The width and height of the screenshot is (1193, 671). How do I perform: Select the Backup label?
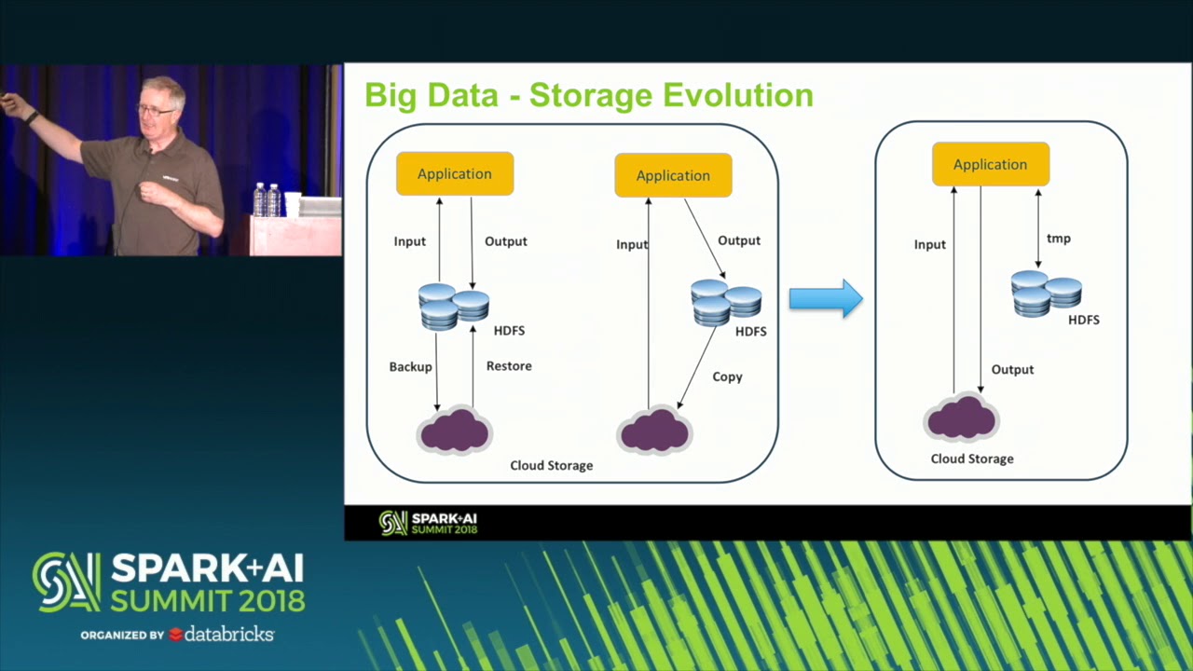pos(410,366)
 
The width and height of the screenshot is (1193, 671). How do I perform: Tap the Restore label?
pos(509,365)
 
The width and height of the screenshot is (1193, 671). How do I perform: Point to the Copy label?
pos(727,377)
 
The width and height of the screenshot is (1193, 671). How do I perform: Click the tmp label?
pos(1058,239)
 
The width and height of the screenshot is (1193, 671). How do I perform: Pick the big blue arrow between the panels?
pos(826,298)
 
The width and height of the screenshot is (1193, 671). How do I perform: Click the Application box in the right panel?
pos(990,164)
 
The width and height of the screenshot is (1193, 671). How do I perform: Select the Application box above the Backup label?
pos(455,173)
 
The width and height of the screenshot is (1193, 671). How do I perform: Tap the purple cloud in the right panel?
pos(962,417)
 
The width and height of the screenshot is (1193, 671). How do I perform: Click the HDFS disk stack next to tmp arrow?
pos(1046,293)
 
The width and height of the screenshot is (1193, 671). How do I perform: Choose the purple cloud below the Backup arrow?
pos(455,431)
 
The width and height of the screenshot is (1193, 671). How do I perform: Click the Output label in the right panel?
pos(1012,369)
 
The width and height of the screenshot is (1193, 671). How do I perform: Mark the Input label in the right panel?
pos(929,244)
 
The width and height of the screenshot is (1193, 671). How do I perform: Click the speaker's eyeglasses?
pos(155,111)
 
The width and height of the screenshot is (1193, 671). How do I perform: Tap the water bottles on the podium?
pos(267,199)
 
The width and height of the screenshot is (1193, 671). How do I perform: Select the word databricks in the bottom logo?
pos(228,635)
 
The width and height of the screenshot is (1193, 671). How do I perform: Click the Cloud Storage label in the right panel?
pos(972,459)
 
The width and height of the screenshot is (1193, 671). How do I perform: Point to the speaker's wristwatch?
pos(33,118)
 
